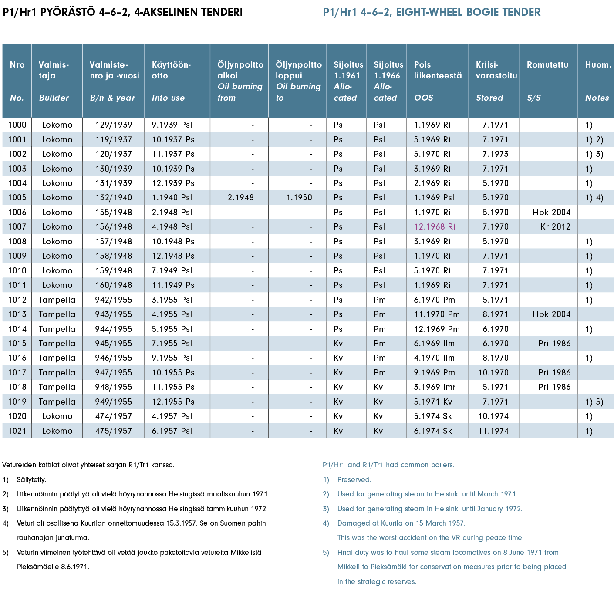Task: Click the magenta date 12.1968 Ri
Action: pos(434,226)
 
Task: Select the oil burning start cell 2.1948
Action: pos(240,197)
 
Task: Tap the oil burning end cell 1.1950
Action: pos(299,197)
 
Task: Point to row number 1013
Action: pos(17,314)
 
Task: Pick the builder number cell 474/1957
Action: pos(113,416)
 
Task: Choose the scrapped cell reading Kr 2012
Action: pos(555,226)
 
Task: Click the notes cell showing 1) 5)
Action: pos(594,402)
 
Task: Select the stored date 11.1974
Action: pos(493,431)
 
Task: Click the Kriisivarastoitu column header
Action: pos(496,70)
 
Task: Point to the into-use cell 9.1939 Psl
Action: pos(172,125)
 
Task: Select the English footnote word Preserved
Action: pos(354,479)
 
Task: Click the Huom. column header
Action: pos(598,64)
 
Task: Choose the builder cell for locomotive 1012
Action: pos(57,300)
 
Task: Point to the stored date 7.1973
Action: pos(495,154)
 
